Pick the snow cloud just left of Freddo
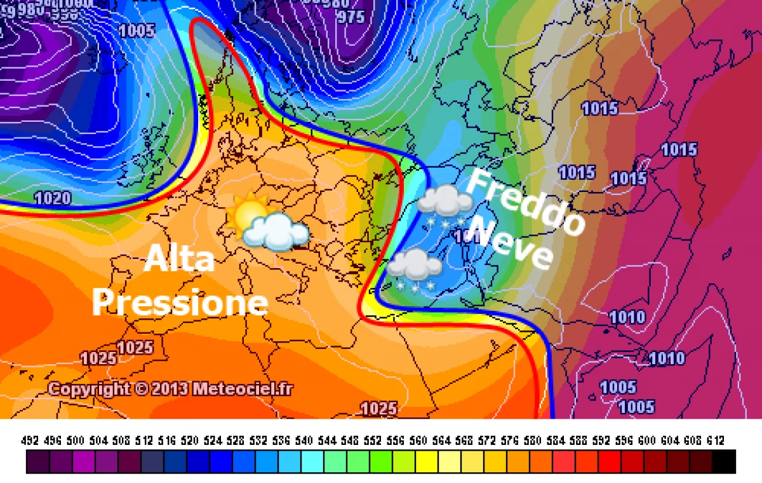click(444, 203)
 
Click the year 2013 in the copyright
click(169, 388)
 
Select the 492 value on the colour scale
click(30, 440)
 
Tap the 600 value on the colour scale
click(646, 440)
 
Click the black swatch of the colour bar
click(724, 462)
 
